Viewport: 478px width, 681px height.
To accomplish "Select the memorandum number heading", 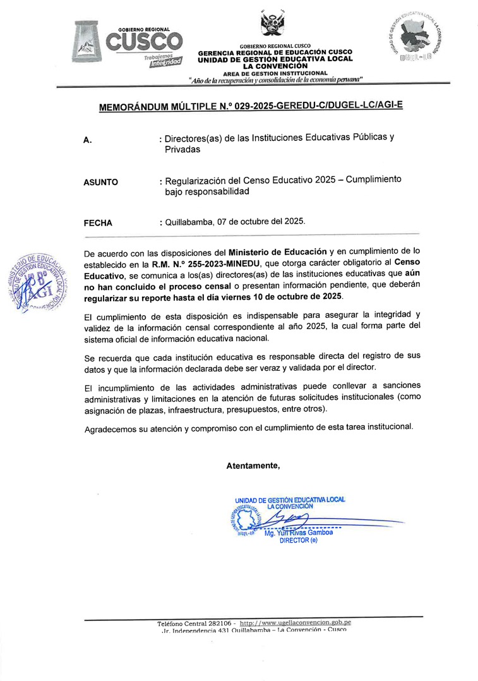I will pos(251,107).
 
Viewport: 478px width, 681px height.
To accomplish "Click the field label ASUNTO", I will pos(100,183).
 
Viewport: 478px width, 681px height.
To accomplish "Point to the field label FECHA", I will pos(98,223).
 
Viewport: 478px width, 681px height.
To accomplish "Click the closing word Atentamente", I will pos(253,466).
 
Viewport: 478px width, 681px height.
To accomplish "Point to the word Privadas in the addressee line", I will pos(182,150).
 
